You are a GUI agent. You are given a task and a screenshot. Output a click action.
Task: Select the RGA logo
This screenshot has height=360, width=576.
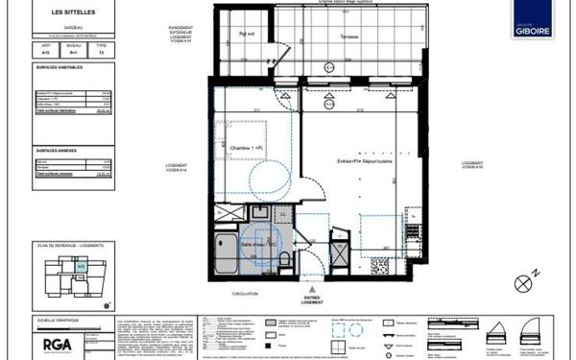click(x=52, y=343)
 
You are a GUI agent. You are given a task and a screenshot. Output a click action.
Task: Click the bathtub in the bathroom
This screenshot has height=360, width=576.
click(x=226, y=252)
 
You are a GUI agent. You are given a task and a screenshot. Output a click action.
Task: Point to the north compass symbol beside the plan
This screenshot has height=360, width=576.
click(x=523, y=282)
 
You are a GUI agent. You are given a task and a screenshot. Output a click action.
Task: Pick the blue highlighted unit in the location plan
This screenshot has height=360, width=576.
click(x=82, y=266)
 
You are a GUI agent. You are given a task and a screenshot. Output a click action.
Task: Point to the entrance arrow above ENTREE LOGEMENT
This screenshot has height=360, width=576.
click(x=310, y=285)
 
